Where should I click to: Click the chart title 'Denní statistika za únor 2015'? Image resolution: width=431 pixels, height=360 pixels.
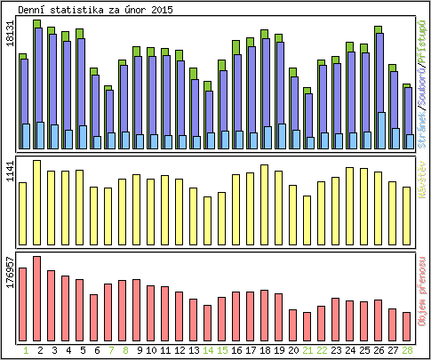pyautogui.click(x=96, y=9)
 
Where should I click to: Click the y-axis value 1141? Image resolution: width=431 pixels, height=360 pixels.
pyautogui.click(x=10, y=172)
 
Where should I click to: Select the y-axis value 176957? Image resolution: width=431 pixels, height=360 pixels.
pyautogui.click(x=10, y=271)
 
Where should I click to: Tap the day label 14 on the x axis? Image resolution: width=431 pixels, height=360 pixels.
pyautogui.click(x=208, y=350)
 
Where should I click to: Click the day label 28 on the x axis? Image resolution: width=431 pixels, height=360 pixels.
pyautogui.click(x=407, y=350)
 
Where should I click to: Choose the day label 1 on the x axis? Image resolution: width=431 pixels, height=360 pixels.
pyautogui.click(x=23, y=350)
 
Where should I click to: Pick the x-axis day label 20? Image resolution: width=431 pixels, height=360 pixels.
pyautogui.click(x=293, y=350)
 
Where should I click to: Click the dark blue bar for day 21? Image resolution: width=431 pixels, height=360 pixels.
pyautogui.click(x=308, y=116)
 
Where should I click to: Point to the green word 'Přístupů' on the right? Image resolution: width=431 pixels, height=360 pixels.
pyautogui.click(x=423, y=36)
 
